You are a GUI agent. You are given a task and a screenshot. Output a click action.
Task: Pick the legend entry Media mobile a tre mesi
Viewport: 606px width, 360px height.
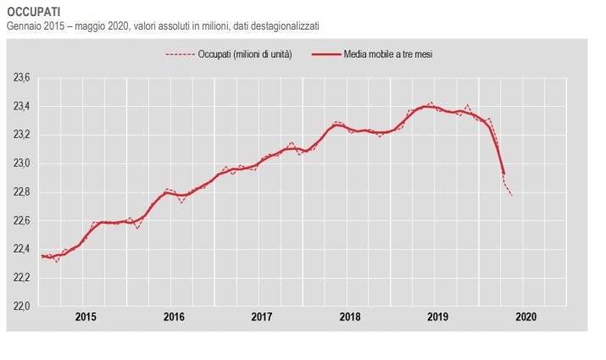click(x=389, y=54)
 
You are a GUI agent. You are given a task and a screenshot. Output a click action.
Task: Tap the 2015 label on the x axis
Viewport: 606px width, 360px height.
click(x=86, y=318)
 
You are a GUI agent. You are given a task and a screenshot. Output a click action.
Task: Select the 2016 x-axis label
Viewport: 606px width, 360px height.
click(x=174, y=318)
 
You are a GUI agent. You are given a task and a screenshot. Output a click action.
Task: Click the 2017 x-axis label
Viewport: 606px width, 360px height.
click(x=262, y=318)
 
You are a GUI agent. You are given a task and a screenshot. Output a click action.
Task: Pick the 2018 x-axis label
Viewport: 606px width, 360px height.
click(x=350, y=318)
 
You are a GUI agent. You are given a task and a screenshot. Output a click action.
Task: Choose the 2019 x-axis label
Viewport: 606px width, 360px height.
click(x=438, y=318)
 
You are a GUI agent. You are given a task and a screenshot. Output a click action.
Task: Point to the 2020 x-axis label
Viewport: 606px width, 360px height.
click(x=526, y=318)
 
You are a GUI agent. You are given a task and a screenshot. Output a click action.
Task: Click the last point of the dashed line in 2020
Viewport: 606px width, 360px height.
click(x=511, y=196)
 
